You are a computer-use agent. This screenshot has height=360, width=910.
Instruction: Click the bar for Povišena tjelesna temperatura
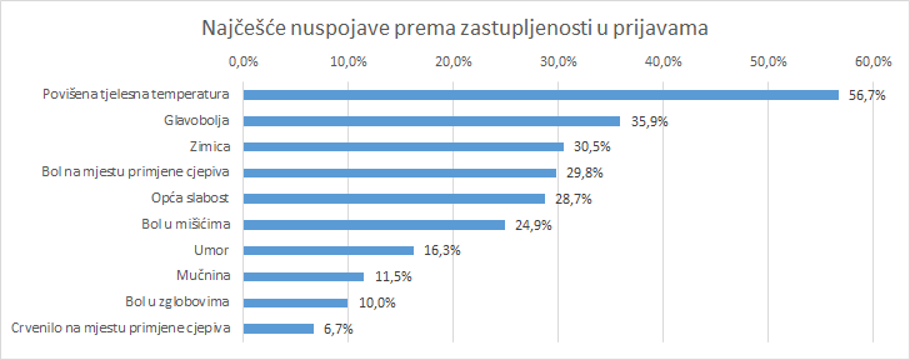[540, 95]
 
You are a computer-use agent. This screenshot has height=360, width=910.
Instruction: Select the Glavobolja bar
[431, 121]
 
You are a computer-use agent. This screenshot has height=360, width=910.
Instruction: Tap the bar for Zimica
[403, 147]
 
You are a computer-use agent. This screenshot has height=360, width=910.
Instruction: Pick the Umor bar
[328, 250]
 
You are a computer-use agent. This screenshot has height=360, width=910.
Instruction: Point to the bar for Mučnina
[303, 277]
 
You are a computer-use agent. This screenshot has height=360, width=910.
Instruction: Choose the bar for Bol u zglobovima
[295, 303]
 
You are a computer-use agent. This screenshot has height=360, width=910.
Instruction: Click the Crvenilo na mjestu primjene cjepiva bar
[278, 329]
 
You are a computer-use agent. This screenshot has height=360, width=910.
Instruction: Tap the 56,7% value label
[867, 95]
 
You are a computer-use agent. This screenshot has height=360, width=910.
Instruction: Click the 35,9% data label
[649, 122]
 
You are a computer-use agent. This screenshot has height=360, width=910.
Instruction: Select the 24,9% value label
[533, 225]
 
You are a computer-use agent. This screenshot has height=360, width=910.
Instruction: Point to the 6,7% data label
[338, 329]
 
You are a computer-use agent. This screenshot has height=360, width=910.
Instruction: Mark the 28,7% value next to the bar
[573, 199]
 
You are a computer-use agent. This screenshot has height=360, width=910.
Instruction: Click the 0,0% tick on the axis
[243, 62]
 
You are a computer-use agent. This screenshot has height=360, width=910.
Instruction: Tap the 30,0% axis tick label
[558, 62]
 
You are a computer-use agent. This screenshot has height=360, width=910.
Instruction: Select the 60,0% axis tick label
[873, 62]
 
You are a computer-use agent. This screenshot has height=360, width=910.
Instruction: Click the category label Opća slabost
[190, 198]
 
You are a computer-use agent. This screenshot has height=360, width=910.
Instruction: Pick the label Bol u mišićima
[186, 224]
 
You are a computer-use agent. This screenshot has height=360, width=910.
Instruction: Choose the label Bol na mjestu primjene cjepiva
[136, 172]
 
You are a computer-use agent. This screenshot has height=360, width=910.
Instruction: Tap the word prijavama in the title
[660, 28]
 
